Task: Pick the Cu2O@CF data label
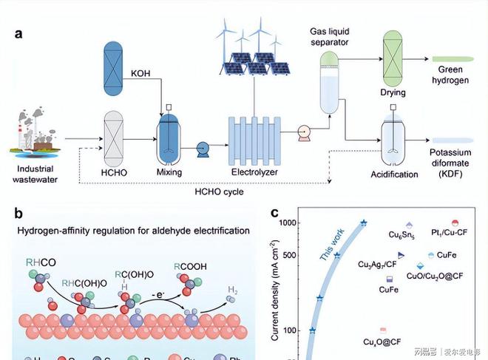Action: pos(382,342)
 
